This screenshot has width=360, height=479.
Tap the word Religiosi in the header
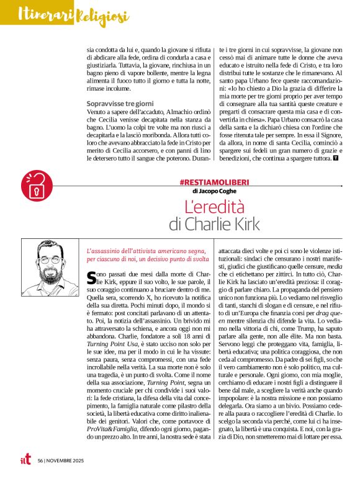coord(102,15)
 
